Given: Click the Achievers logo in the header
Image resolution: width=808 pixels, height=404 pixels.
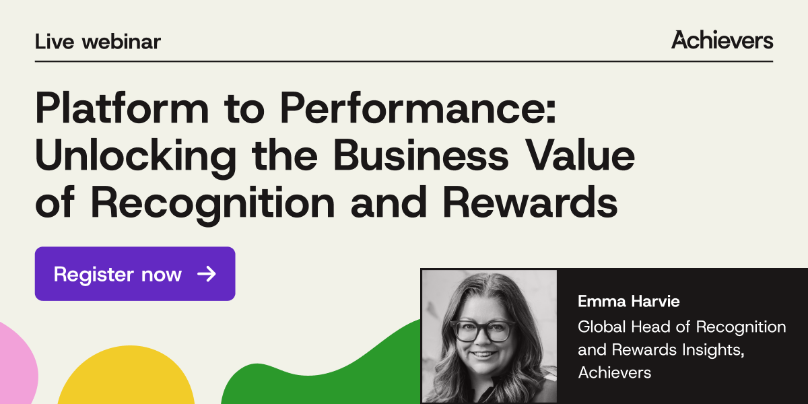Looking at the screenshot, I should (722, 40).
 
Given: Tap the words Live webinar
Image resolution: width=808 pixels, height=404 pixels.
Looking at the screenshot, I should (98, 42).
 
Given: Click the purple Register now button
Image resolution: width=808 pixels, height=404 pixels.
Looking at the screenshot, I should (135, 273).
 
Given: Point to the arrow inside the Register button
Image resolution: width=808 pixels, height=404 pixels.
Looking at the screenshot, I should (206, 273).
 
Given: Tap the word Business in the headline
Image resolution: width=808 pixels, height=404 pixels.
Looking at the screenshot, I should (422, 156).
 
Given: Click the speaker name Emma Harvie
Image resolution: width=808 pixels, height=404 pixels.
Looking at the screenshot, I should (628, 302).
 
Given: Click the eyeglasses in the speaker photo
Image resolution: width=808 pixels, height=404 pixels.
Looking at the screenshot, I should (483, 331).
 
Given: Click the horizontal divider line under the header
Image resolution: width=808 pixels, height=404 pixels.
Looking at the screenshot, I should (404, 61).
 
